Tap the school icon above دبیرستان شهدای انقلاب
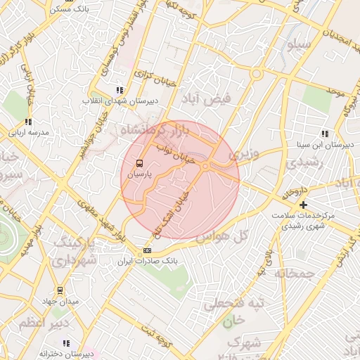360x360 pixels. coord(119,90)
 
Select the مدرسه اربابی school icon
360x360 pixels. coord(28,122)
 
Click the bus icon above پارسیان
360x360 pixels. coord(139,162)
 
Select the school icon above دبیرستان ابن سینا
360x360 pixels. coord(324,134)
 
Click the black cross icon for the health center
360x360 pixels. coord(303,205)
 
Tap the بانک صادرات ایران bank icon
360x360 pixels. coord(147,250)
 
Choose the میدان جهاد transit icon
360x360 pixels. coord(60,290)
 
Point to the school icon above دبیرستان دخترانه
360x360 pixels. coord(65,343)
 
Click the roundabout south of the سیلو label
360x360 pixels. coord(257,73)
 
